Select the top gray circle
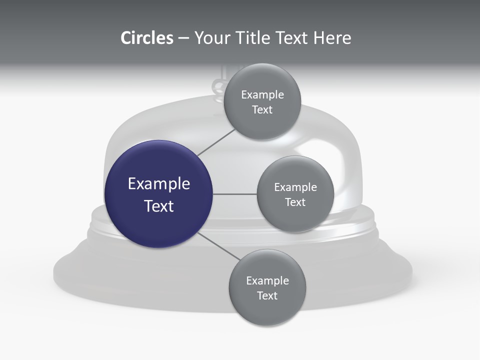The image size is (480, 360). point(262,125)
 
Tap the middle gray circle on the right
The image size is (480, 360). point(295,217)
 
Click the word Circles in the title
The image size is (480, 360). point(147,38)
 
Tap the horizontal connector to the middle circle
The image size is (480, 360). point(234,194)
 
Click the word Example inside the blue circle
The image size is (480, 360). point(159,184)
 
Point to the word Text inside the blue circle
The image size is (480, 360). point(159,206)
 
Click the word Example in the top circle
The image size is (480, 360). point(262,95)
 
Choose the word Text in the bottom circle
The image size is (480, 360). point(267,296)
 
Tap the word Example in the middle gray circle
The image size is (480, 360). point(295,187)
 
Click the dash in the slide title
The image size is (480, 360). point(183,38)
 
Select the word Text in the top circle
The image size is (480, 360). point(262,110)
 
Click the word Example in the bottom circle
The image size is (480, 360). point(267,281)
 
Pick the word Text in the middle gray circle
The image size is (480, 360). point(295,202)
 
